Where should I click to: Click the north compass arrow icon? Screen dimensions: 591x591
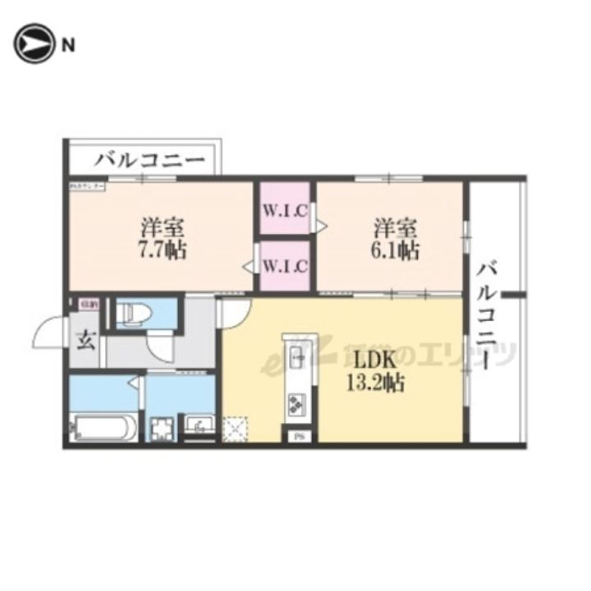coord(31,45)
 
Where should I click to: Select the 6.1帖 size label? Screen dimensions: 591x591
coord(397,250)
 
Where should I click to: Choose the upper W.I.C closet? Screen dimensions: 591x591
coord(285,209)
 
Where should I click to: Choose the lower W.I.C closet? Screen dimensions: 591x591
coord(285,266)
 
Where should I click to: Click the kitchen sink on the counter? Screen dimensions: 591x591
coord(297,358)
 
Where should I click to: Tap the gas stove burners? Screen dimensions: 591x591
coord(296,403)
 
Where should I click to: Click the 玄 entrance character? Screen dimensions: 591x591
coord(86,340)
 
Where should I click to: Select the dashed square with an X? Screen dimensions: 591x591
coord(236,428)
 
